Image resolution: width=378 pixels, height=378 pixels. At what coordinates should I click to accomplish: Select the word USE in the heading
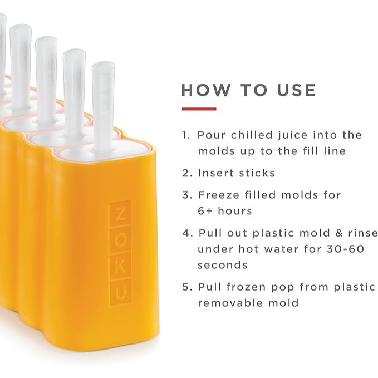(x=294, y=90)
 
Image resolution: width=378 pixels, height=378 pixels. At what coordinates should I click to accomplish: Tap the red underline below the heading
(x=199, y=109)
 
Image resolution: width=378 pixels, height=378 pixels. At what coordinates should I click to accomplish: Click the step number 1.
(x=185, y=135)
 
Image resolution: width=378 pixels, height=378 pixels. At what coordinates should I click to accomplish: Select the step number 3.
(x=186, y=195)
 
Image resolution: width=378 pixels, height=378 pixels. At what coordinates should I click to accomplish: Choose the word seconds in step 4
(x=222, y=265)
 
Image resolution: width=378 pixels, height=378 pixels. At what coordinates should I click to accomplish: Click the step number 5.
(x=186, y=287)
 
